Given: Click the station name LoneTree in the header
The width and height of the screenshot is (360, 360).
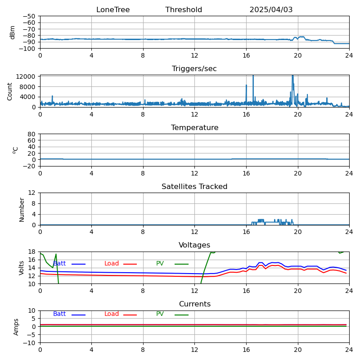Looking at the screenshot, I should click(113, 10).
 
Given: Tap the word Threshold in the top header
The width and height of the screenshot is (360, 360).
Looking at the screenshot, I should click(184, 10).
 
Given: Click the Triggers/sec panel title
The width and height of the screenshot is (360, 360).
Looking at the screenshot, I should click(194, 69).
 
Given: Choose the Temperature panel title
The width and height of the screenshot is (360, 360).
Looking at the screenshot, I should click(194, 128).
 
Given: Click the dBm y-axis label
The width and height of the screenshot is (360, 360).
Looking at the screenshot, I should click(13, 32).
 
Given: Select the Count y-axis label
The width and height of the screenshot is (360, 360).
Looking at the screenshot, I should click(10, 91).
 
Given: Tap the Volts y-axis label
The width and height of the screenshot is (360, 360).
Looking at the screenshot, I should click(22, 268).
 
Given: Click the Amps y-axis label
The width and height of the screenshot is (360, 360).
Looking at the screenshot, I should click(16, 327).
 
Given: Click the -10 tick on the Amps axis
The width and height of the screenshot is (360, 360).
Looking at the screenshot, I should click(31, 343).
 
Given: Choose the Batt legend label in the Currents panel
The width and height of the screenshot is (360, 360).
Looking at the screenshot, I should click(59, 314).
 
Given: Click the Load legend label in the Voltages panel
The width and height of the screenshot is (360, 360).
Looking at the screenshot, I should click(112, 264).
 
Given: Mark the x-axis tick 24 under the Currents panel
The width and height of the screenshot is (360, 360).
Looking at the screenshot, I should click(349, 350).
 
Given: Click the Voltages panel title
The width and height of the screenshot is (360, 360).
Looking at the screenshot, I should click(194, 245).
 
